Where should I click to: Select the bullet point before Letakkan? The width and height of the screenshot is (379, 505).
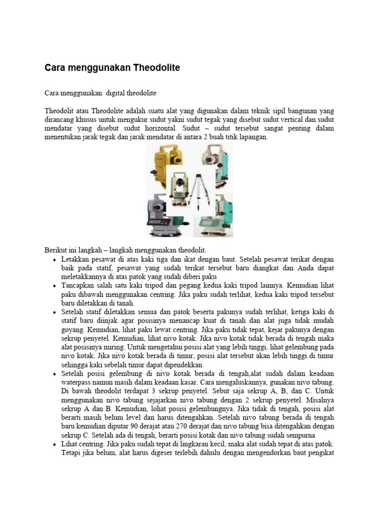[x=54, y=259]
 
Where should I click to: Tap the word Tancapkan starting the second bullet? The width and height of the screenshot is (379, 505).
[x=79, y=286]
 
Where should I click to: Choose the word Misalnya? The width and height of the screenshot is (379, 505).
[x=317, y=399]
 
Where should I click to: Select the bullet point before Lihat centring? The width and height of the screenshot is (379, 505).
[x=54, y=445]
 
